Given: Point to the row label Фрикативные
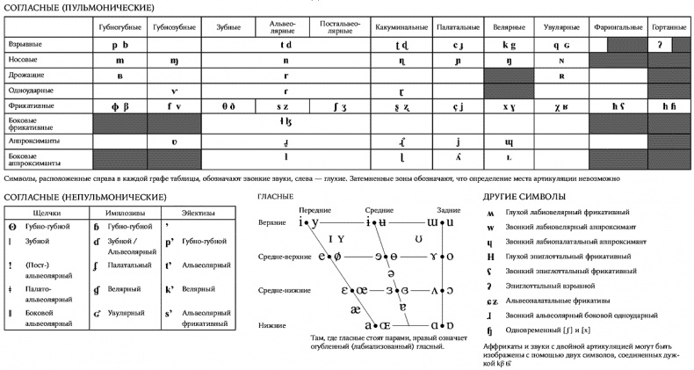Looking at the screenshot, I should (28, 106).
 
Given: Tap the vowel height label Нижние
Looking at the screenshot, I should (271, 324).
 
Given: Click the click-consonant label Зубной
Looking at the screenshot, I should (37, 240).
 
